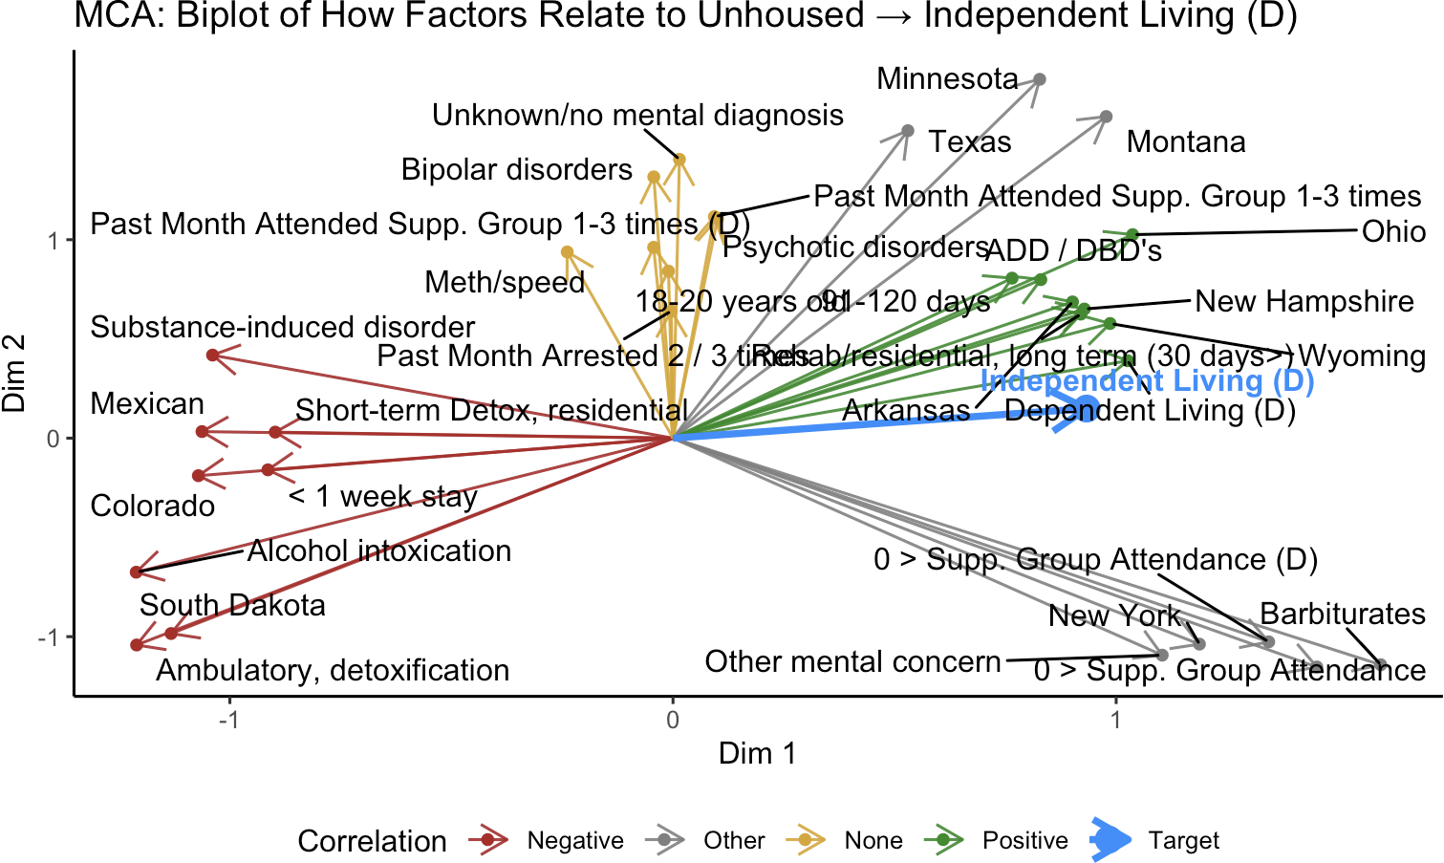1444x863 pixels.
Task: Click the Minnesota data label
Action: [x=947, y=78]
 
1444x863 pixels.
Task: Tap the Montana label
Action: [x=1185, y=142]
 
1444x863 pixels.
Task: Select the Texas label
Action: [x=970, y=142]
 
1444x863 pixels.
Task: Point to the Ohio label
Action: [x=1393, y=232]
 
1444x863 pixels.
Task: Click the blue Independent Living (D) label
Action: [x=1147, y=381]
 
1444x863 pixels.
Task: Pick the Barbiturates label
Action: [x=1342, y=614]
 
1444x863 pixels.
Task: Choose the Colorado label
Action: [x=152, y=506]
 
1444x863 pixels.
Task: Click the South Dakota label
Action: [x=232, y=605]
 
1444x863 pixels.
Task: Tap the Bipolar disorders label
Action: [x=516, y=170]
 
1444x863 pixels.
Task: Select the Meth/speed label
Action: [x=504, y=283]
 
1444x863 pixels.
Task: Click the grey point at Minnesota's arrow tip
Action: [x=1040, y=79]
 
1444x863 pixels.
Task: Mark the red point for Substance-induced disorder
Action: [x=212, y=356]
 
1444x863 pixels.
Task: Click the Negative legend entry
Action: [x=574, y=841]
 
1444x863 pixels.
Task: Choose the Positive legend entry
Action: [x=1024, y=841]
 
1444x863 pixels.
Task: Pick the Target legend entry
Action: [x=1183, y=841]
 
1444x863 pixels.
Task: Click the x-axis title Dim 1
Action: [x=757, y=753]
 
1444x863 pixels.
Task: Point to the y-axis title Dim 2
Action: [x=14, y=374]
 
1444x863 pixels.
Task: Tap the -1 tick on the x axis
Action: [x=228, y=720]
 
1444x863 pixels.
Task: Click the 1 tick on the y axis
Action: [x=54, y=240]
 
